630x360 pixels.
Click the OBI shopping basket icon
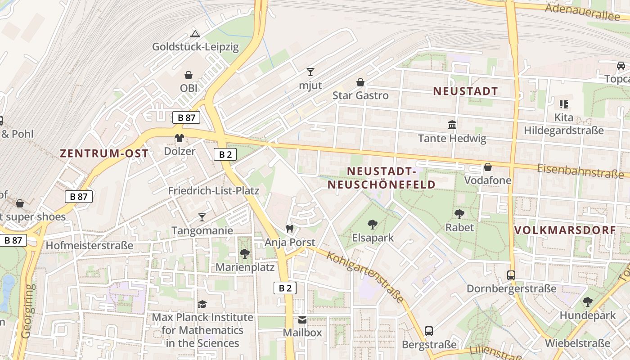[x=189, y=75]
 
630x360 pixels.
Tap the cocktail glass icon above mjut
[x=310, y=72]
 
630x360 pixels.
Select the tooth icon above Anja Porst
[x=290, y=229]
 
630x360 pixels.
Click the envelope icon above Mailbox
[x=302, y=320]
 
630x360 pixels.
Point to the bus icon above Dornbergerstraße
[x=511, y=275]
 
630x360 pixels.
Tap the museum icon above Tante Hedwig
[x=452, y=125]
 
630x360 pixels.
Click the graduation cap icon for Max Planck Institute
[x=202, y=305]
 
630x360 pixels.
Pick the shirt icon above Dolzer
[x=180, y=138]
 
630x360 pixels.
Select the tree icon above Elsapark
[x=373, y=224]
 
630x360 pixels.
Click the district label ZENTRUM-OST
[x=104, y=153]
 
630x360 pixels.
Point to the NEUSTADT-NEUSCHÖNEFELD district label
[x=381, y=178]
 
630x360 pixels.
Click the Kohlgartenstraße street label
[x=365, y=277]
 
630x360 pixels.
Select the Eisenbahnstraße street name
[x=580, y=171]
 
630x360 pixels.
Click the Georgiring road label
[x=27, y=310]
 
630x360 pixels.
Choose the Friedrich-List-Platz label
[x=214, y=191]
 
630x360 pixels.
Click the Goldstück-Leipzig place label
[x=195, y=47]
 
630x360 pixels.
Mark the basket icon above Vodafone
[x=488, y=167]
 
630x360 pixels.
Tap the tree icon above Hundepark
[x=587, y=302]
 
